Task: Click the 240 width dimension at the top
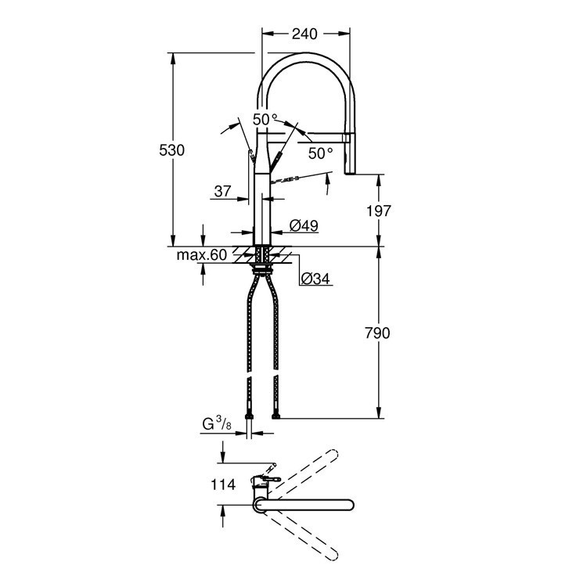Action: [304, 34]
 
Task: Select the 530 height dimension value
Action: [171, 150]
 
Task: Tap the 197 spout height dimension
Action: [377, 210]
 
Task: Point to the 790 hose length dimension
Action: [376, 333]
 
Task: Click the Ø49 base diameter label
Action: [303, 225]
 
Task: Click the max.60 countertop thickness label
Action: [201, 255]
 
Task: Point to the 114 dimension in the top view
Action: [222, 484]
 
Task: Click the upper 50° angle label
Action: [265, 119]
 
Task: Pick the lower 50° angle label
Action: [321, 153]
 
